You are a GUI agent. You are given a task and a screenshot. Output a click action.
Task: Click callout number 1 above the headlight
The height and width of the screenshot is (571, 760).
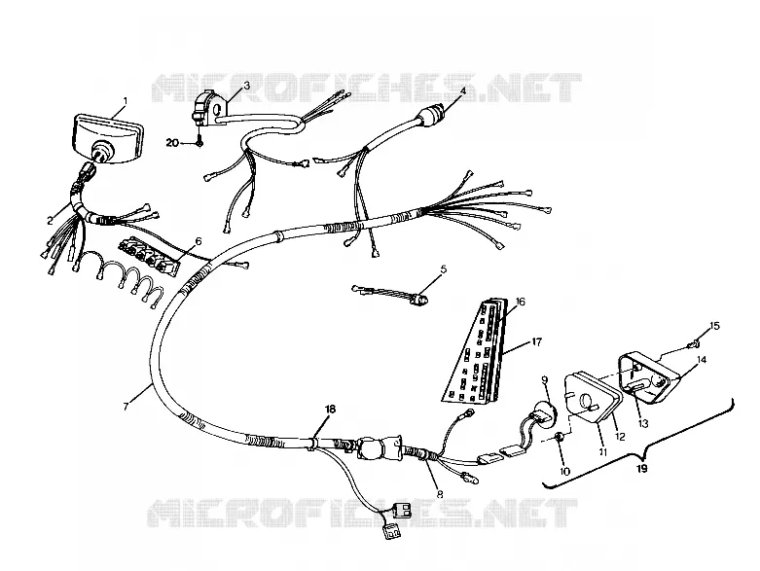(x=126, y=101)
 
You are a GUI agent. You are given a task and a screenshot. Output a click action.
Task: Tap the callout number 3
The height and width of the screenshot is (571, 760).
(x=247, y=86)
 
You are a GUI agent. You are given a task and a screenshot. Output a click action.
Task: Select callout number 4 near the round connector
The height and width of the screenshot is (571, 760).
(x=463, y=90)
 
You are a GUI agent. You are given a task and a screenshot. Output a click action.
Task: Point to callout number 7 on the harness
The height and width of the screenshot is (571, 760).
(x=127, y=407)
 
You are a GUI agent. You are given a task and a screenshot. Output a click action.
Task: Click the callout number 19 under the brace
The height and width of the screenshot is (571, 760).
(x=641, y=468)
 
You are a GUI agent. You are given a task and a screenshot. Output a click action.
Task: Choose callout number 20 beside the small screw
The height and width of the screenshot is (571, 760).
(x=172, y=143)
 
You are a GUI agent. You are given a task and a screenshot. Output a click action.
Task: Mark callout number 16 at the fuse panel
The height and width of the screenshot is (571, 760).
(x=520, y=302)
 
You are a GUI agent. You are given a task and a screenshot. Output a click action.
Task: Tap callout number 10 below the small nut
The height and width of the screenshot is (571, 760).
(x=565, y=471)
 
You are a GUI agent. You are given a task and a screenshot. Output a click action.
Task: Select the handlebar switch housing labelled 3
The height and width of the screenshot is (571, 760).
(x=206, y=110)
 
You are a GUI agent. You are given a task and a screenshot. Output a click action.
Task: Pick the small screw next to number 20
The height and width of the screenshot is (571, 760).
(x=199, y=143)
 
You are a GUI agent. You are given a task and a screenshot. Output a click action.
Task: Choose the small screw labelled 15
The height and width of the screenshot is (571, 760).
(x=694, y=344)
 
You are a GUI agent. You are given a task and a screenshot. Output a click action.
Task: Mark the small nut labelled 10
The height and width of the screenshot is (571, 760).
(x=559, y=437)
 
